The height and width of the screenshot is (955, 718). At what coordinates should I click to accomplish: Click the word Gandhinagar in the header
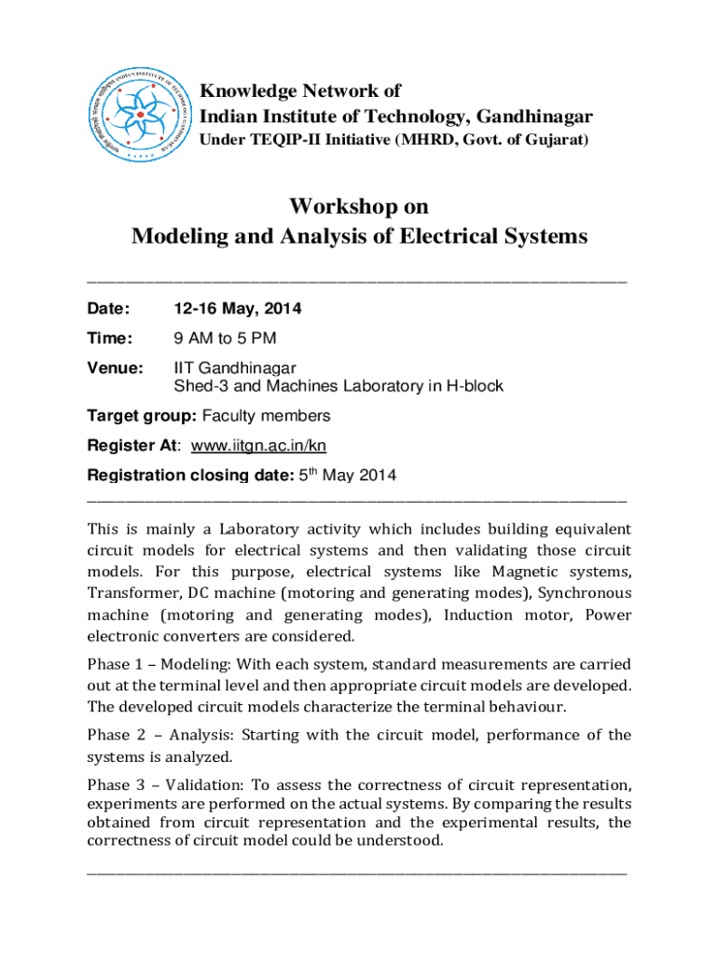(x=533, y=117)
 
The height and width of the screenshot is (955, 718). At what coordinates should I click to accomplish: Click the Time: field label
(x=110, y=339)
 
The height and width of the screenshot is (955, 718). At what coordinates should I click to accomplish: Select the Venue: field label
(x=115, y=368)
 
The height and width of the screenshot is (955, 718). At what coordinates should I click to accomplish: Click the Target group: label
(x=134, y=416)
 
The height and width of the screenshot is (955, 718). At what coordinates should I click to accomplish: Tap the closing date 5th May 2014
(x=347, y=476)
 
